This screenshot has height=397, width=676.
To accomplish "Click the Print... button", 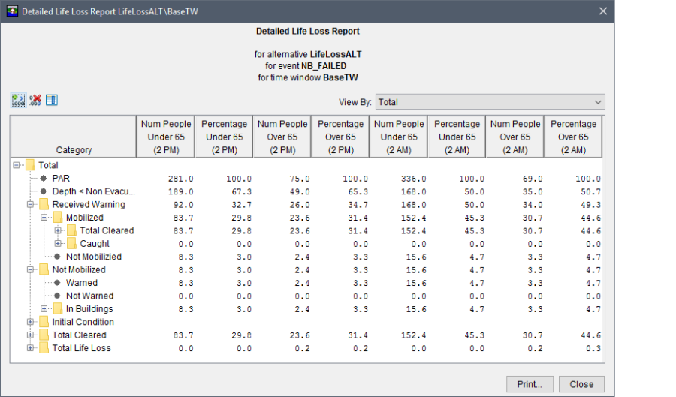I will click(x=530, y=384).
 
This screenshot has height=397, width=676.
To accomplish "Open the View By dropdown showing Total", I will click(x=490, y=102).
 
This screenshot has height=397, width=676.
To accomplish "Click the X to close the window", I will click(x=602, y=11).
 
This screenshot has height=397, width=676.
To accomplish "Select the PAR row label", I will click(x=61, y=179).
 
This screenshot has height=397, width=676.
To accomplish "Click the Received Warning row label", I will click(x=89, y=205).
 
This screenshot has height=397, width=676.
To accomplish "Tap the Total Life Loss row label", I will click(x=81, y=348).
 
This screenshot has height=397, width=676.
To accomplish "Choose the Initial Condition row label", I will click(x=83, y=322).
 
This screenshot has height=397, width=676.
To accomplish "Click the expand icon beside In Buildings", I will click(x=44, y=309).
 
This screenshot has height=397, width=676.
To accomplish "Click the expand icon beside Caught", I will click(x=58, y=244).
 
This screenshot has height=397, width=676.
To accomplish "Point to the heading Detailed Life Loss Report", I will click(x=307, y=32).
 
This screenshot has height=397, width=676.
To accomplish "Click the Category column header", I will click(x=74, y=150).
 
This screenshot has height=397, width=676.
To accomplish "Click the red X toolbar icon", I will click(x=35, y=101).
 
